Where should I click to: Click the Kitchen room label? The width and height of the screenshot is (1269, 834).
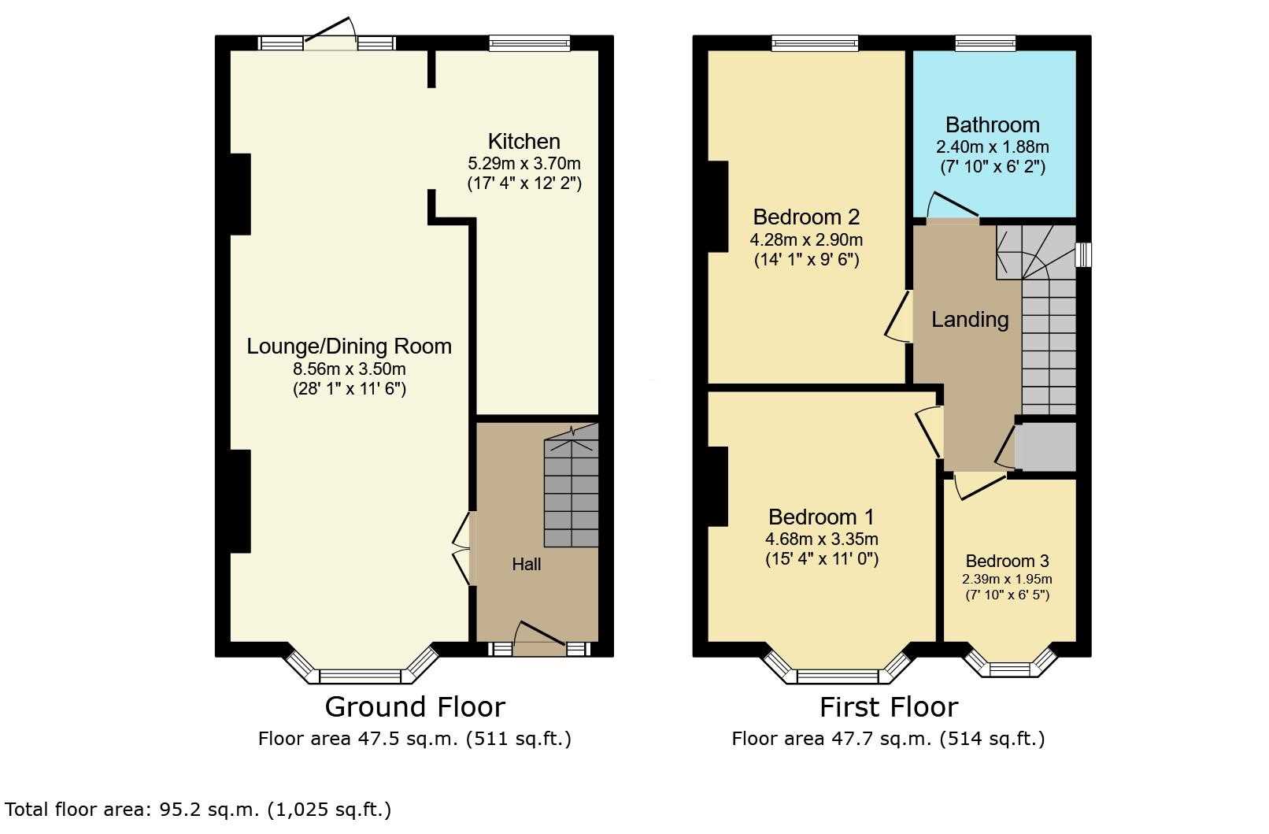(x=524, y=141)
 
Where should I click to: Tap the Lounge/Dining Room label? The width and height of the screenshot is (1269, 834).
(x=349, y=347)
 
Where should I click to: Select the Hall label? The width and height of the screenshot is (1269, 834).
(x=527, y=565)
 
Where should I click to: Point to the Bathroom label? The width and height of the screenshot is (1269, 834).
(x=993, y=124)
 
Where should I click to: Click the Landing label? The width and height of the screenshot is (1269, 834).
(x=970, y=320)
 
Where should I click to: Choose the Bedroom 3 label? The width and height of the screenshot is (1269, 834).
(x=1008, y=561)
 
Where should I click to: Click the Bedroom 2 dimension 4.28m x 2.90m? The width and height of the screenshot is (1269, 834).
(x=806, y=239)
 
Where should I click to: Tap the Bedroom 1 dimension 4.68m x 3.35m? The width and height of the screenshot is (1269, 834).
(x=821, y=539)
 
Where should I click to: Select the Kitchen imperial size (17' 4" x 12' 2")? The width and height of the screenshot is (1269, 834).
(x=524, y=183)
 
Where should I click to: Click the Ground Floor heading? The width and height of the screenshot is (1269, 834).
(x=415, y=707)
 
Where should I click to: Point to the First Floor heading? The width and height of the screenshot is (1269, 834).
(x=889, y=707)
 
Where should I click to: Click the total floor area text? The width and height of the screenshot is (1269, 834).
(x=198, y=810)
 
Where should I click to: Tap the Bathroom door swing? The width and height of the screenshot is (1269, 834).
(x=952, y=206)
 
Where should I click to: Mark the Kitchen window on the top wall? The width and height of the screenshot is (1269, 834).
(x=530, y=43)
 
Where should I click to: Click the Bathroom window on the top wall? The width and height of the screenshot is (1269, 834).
(x=985, y=43)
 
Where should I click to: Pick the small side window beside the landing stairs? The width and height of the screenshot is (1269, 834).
(x=1083, y=255)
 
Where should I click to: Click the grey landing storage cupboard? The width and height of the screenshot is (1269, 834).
(x=1045, y=447)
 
